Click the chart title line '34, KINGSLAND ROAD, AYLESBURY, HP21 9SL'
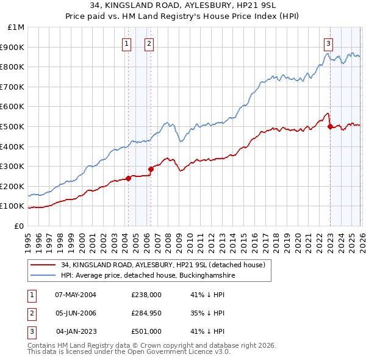(183, 5)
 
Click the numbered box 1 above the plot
(126, 43)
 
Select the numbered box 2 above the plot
(149, 43)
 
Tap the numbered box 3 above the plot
(328, 43)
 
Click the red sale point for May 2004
(129, 178)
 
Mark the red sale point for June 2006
(151, 169)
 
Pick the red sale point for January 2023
(330, 126)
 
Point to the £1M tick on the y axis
(16, 27)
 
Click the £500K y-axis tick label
(13, 127)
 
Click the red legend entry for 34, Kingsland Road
(162, 265)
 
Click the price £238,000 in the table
(146, 294)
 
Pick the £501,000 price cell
(146, 332)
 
